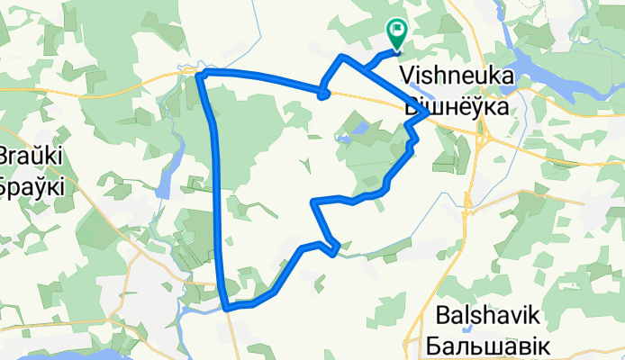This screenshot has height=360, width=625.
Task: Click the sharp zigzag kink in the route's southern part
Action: [334, 247]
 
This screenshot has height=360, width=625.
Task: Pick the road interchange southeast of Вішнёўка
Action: [484, 139]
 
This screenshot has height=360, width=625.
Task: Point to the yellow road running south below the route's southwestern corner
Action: [236, 337]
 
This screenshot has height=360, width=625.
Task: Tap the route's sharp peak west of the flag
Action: [342, 58]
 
